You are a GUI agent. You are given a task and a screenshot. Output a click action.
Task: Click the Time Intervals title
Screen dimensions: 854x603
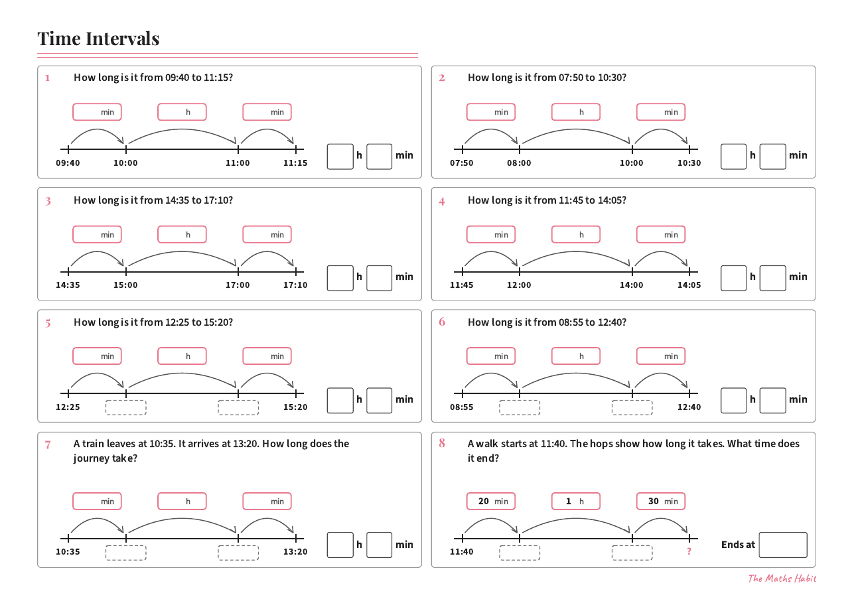click(x=98, y=39)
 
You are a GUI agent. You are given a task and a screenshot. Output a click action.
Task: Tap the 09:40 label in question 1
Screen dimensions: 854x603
click(x=68, y=163)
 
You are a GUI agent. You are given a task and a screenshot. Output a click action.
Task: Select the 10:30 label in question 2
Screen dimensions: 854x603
click(x=689, y=163)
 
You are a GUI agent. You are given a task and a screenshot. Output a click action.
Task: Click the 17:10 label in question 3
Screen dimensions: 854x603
click(x=295, y=285)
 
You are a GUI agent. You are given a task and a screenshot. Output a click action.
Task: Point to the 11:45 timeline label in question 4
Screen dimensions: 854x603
click(x=461, y=285)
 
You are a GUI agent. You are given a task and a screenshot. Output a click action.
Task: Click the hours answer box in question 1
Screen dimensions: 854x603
click(x=340, y=157)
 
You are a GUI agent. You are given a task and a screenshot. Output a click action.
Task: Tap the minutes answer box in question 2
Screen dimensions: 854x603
click(x=772, y=157)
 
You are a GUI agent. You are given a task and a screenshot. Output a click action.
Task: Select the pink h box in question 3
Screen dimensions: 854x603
click(x=182, y=234)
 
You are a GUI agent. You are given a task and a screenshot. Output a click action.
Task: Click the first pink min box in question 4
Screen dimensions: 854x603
click(x=490, y=234)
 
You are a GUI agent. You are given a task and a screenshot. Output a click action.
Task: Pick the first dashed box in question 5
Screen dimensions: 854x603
click(x=126, y=407)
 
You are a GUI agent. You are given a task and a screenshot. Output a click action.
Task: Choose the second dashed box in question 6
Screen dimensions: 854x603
click(x=632, y=407)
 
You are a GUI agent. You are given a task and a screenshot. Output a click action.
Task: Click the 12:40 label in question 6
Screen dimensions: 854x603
click(x=689, y=407)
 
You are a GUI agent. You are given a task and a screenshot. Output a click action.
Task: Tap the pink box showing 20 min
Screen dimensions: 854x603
click(x=490, y=502)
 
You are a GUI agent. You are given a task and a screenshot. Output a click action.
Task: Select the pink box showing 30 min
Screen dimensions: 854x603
click(x=661, y=502)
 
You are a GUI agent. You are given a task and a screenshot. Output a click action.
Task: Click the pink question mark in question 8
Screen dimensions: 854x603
click(x=689, y=551)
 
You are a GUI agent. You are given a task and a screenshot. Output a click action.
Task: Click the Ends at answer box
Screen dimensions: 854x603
click(x=783, y=545)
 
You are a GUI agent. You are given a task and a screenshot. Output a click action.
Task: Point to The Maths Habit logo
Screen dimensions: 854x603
click(x=782, y=578)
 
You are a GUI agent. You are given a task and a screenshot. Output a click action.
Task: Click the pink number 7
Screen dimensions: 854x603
click(x=48, y=445)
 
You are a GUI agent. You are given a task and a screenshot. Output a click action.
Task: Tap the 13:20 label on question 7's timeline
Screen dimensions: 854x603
click(x=295, y=552)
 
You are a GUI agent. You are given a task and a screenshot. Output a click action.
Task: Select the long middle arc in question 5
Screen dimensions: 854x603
click(x=182, y=373)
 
